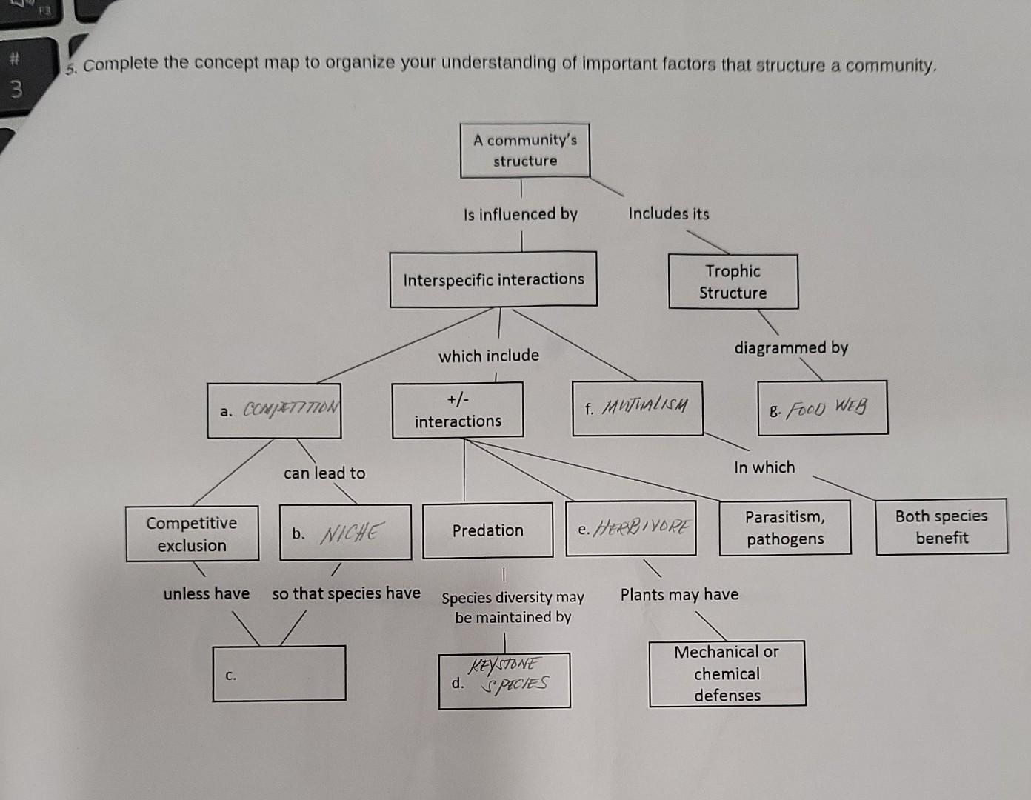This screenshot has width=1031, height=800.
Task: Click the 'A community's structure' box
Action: coord(525,150)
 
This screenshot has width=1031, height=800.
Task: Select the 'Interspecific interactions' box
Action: coord(493,279)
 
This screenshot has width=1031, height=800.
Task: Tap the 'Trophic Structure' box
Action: coord(733,281)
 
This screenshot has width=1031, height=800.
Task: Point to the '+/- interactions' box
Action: coord(458,410)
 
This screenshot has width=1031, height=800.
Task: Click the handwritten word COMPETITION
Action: coord(291,409)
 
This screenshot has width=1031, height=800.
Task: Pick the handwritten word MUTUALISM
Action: coord(645,407)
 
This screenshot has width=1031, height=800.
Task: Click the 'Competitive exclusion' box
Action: coord(192,534)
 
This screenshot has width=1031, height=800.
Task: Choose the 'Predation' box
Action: coord(487,530)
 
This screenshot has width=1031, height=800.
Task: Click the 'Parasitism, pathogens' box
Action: coord(785,528)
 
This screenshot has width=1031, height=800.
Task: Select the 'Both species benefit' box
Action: coord(941,527)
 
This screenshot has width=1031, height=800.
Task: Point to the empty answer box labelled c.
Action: coord(279,673)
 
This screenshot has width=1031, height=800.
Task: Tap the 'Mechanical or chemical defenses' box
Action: coord(727,673)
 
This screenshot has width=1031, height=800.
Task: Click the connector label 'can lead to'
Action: coord(324,473)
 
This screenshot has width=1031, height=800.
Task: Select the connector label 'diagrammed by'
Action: coord(791,347)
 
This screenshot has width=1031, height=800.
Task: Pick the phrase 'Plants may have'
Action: coord(679,595)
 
